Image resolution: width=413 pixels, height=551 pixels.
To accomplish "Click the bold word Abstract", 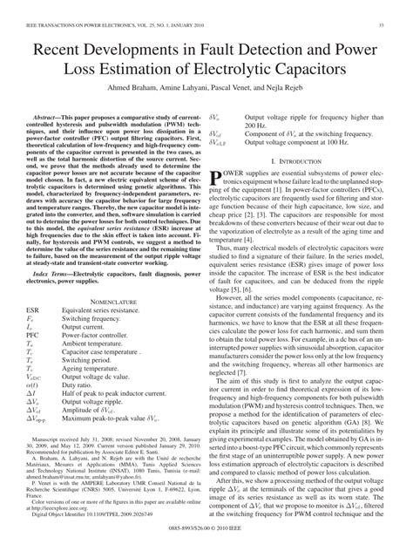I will tap(49, 115).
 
